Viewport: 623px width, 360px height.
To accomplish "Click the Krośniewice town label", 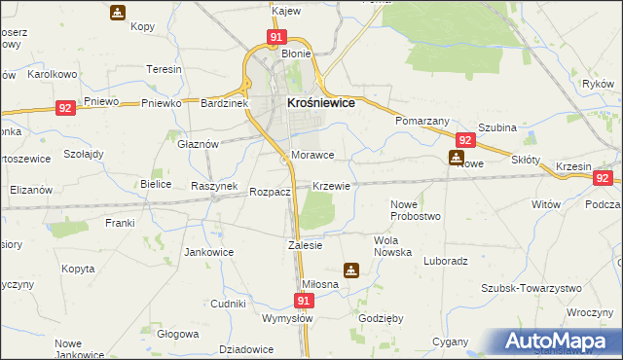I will tap(319, 102).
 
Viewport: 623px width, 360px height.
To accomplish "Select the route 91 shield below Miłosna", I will tap(304, 302).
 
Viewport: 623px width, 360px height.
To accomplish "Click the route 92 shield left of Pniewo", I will tap(65, 109).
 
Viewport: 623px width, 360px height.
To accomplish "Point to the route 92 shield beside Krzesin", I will tap(604, 178).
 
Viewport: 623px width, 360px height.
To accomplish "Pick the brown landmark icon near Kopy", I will tap(117, 13).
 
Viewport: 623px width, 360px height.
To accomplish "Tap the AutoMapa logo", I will tap(563, 342).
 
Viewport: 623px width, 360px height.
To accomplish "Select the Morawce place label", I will tap(312, 156).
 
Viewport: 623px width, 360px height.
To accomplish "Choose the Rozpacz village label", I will tap(270, 193).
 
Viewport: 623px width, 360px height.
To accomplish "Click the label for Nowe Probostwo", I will tap(416, 209).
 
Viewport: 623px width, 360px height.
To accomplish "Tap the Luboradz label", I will tap(446, 261).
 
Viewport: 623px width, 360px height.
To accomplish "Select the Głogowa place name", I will tap(177, 333).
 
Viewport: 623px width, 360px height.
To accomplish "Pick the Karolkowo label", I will tap(52, 74).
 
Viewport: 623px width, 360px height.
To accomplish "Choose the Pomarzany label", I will tap(421, 121).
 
